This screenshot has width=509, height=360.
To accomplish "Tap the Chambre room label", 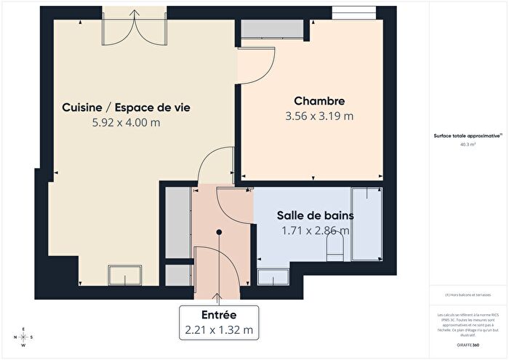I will (x=318, y=101).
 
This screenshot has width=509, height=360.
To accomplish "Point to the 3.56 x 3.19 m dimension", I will (x=318, y=116).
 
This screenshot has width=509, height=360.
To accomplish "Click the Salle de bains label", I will (x=315, y=216).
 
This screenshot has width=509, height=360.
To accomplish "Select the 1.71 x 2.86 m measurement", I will (x=315, y=231).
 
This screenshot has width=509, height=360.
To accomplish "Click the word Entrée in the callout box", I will (x=219, y=315).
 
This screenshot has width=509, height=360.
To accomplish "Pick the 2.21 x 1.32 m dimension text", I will (x=219, y=330).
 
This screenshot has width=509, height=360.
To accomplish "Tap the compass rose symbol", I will (x=23, y=337).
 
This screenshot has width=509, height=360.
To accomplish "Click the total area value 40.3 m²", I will (x=468, y=144).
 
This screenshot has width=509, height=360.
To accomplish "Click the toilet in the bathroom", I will (x=335, y=250).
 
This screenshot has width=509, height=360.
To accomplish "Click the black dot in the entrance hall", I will (x=218, y=232).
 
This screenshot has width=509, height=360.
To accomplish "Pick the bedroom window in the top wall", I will (x=355, y=14).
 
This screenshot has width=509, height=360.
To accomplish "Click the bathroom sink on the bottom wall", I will (x=273, y=276).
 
